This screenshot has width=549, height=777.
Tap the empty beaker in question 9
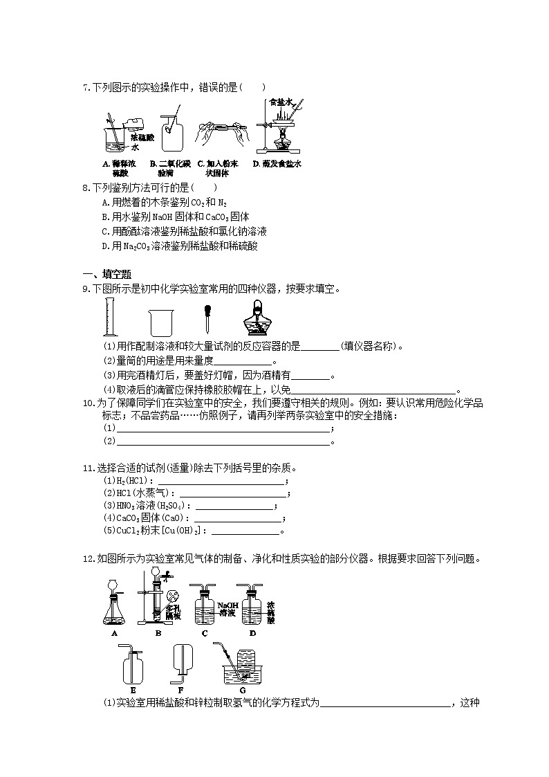(x=161, y=322)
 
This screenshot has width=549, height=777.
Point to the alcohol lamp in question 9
(x=254, y=320)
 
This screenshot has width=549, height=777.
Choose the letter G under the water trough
(x=242, y=689)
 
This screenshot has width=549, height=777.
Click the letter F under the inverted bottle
(x=180, y=689)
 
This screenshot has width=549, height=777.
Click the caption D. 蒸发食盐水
(x=277, y=164)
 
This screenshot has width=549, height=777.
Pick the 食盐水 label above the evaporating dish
(x=281, y=102)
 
